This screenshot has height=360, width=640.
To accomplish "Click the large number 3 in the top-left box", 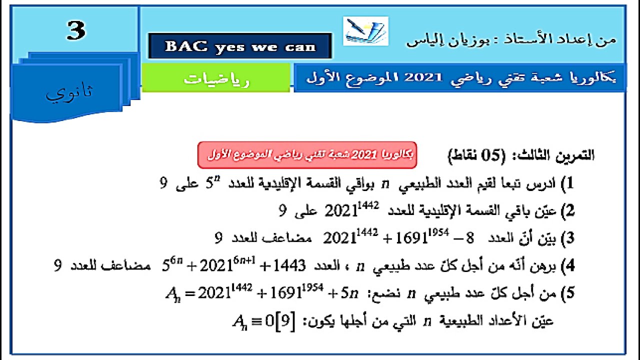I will [76, 31].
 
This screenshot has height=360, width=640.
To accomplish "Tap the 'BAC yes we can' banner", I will [240, 46].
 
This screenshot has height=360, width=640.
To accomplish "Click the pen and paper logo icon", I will [365, 31].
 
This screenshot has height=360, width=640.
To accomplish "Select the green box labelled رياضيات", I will [216, 78].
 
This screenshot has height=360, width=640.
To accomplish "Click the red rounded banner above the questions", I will [307, 154].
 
